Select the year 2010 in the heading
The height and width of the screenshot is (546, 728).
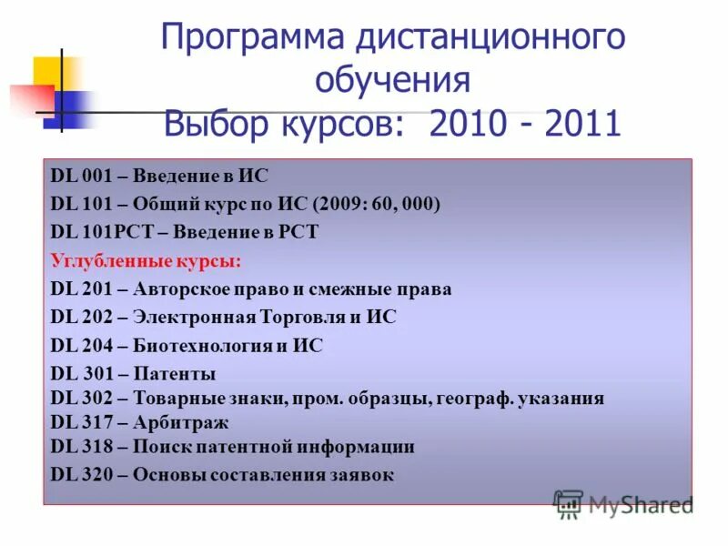(460, 123)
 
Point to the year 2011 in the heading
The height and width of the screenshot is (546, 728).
(582, 123)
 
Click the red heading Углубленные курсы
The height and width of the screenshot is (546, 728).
(147, 261)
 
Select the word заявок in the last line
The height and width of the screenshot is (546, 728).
(363, 474)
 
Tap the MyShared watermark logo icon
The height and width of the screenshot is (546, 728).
(569, 503)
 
